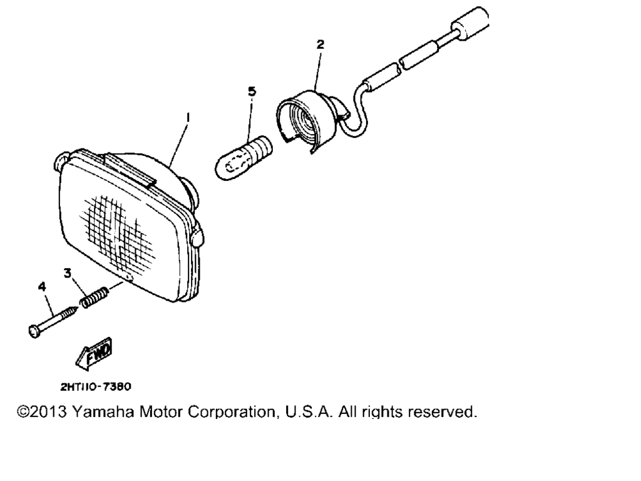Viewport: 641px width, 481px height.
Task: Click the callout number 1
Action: (x=187, y=118)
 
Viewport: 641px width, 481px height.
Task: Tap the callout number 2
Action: (x=320, y=44)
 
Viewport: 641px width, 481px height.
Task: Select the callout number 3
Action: (x=68, y=273)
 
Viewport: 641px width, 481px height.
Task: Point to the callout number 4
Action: (x=42, y=287)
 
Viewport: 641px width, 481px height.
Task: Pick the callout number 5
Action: (x=252, y=91)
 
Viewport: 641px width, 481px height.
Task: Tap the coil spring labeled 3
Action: (x=95, y=297)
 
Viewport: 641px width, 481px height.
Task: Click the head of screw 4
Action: (x=34, y=331)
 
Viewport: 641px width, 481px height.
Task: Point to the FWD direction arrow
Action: (x=94, y=354)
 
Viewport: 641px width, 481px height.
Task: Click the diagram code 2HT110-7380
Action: (x=96, y=386)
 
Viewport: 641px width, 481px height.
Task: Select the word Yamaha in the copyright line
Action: (x=103, y=412)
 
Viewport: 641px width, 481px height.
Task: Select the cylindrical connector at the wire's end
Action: (x=470, y=24)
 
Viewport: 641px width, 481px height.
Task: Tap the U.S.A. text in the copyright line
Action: (x=309, y=412)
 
